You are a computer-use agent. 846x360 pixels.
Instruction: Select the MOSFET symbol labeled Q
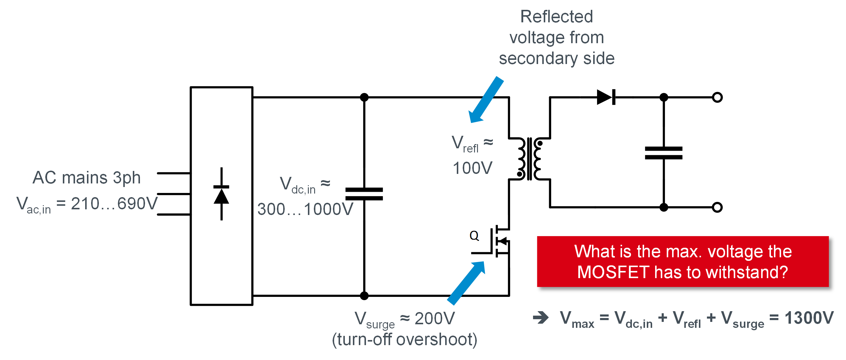(499, 242)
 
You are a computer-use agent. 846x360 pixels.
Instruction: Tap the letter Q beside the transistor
(474, 236)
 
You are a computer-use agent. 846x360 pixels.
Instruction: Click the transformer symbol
(529, 159)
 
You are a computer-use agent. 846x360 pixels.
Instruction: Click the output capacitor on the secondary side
(663, 153)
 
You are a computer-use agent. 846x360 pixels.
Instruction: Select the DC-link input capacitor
(364, 194)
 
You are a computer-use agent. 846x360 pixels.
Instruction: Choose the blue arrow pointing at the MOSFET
(466, 283)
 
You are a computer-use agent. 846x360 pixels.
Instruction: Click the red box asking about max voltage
(683, 262)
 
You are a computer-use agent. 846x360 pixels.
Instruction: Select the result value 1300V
(808, 318)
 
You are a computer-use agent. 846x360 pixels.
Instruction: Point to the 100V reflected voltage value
(472, 168)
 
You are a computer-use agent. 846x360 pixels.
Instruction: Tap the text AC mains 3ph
(86, 178)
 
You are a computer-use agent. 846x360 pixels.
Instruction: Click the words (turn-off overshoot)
(404, 340)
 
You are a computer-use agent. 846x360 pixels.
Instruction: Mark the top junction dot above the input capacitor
(364, 97)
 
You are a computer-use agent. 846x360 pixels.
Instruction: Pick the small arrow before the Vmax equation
(540, 318)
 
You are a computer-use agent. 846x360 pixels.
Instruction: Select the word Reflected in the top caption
(556, 16)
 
